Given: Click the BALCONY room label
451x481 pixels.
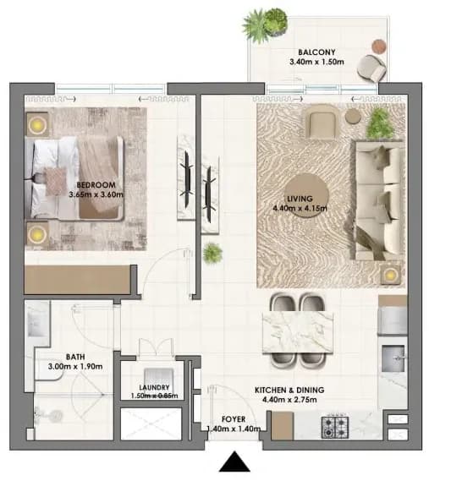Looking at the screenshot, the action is (316, 52).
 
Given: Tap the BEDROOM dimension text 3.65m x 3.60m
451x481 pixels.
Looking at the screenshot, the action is (96, 194).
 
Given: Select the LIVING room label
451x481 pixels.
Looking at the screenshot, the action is (300, 199).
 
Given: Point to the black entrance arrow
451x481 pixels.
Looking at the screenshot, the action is (234, 461).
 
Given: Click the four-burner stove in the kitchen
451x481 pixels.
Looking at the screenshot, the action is (335, 427).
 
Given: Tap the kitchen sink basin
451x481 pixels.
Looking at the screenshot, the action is (393, 358).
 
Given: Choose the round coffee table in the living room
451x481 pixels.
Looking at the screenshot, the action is (306, 195).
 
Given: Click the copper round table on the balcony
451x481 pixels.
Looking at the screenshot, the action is (379, 46).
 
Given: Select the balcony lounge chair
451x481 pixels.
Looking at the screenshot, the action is (371, 68).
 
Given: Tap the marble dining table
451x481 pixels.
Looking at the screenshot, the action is (298, 332).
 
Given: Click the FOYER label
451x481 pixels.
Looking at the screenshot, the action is (234, 419).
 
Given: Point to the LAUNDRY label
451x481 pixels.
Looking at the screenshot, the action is (154, 388).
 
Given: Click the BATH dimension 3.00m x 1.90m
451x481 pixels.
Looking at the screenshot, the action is (75, 367).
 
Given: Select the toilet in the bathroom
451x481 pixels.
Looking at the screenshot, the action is (49, 416).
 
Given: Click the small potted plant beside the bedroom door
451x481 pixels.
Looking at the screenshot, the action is (212, 253).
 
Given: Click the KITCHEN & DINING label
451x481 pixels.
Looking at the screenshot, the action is (289, 391).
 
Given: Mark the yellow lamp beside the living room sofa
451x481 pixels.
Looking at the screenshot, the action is (391, 274).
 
